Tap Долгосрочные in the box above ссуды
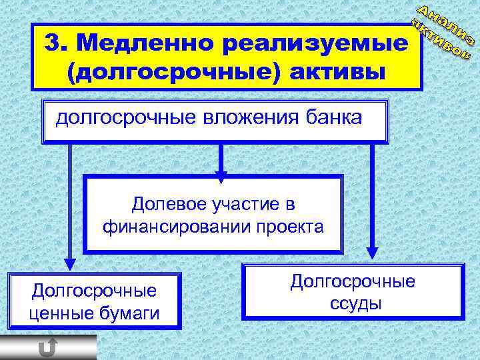coord(353,281)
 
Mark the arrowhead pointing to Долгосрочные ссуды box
coord(372,256)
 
